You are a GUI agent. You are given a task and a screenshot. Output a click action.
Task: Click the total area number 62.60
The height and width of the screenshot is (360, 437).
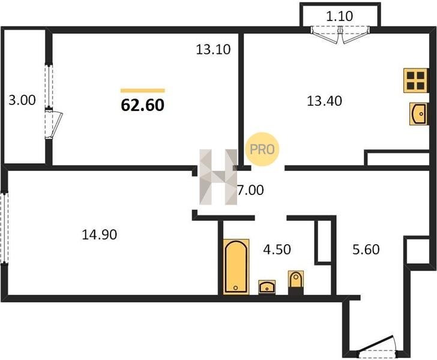click(143, 106)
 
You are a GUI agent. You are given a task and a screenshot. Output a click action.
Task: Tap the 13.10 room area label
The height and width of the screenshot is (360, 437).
click(213, 50)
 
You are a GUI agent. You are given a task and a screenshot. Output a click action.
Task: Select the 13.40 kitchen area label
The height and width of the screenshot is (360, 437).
click(324, 101)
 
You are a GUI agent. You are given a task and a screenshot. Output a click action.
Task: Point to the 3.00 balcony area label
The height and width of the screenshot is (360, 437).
click(22, 100)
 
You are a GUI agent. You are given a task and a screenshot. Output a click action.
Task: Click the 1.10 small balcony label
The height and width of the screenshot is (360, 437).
click(340, 16)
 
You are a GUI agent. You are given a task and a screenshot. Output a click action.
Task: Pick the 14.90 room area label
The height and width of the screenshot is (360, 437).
click(99, 235)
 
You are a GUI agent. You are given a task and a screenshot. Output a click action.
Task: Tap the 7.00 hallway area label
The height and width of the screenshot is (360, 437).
click(250, 190)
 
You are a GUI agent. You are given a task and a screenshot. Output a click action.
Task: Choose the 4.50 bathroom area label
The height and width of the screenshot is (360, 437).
click(277, 249)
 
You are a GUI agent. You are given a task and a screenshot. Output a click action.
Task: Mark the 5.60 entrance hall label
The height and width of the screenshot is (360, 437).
click(366, 249)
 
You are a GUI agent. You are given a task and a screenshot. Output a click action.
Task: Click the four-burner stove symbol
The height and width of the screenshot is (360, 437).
click(415, 80)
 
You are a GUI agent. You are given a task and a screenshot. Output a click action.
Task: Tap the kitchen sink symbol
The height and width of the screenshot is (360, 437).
click(418, 113)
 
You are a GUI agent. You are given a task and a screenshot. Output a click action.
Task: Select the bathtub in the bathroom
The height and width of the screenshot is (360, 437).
click(236, 266)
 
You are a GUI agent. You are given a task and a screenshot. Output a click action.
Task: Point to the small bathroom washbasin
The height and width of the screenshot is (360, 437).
click(267, 287)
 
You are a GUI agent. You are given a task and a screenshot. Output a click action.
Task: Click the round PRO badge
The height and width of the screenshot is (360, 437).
click(262, 149)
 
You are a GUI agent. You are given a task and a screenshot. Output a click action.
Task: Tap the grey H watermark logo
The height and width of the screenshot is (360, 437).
click(218, 177)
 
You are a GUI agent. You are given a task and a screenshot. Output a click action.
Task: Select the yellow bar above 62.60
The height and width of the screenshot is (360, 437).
click(143, 90)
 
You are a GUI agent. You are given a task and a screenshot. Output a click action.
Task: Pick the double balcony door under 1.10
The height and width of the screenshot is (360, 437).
click(340, 34)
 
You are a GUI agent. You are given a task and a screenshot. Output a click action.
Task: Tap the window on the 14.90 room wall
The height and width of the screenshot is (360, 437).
click(4, 227)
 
